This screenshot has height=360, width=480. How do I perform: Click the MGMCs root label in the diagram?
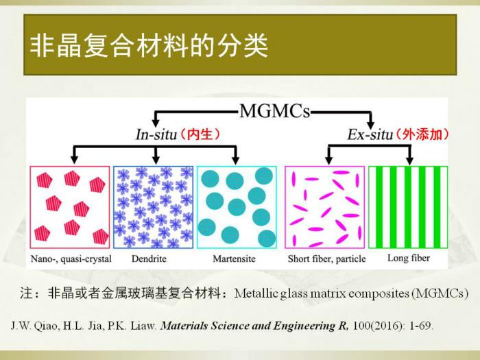point(274,111)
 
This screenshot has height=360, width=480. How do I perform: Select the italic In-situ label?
point(157,134)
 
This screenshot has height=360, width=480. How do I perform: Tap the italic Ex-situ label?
point(370,134)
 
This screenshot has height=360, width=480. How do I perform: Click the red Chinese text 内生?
point(200,134)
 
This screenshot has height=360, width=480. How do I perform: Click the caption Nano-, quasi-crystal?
point(71,259)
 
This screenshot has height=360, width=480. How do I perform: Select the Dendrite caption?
point(149,259)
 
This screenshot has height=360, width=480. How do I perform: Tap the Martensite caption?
point(235,259)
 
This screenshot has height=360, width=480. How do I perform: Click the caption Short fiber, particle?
point(326,259)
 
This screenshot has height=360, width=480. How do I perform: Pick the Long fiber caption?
point(409,258)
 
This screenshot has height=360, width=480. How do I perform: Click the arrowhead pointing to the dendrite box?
point(156,160)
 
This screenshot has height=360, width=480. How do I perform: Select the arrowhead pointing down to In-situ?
point(156,123)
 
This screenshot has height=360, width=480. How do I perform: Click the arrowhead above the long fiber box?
point(409,160)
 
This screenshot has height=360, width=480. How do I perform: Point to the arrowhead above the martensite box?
point(235,160)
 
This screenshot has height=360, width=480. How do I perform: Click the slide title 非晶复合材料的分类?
point(149,46)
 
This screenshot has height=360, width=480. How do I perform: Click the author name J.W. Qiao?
point(35,326)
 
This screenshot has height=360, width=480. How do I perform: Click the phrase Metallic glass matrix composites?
point(322,293)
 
